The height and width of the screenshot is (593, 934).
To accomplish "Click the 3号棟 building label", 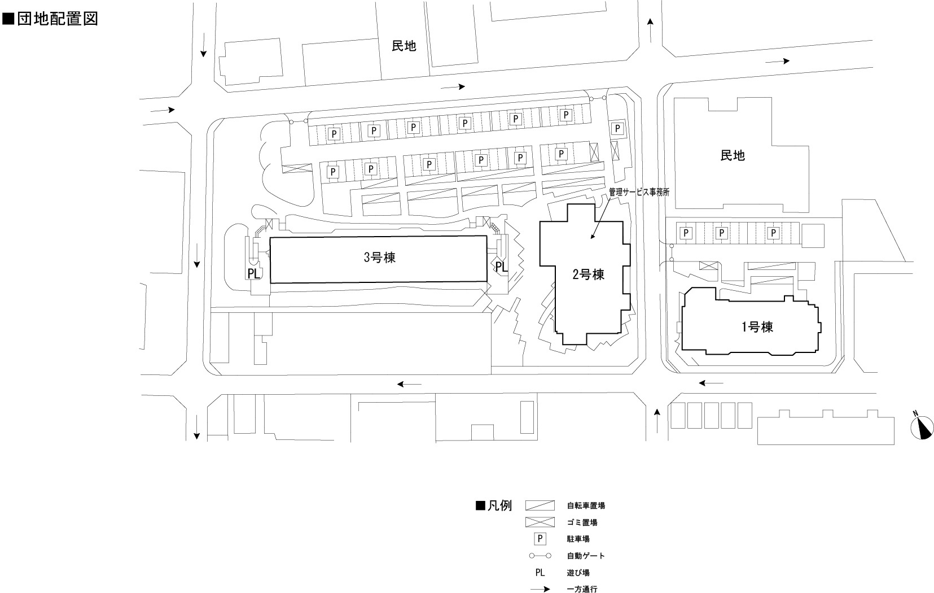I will (379, 258).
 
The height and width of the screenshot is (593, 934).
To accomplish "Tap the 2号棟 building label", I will (589, 275).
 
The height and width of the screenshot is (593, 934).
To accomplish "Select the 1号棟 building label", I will (757, 326).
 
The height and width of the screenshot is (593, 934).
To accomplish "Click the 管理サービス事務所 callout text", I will (639, 192).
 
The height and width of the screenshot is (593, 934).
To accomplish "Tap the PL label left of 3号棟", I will (254, 274).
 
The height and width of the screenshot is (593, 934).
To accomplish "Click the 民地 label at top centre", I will (404, 46).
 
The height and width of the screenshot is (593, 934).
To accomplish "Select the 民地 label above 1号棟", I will (733, 155).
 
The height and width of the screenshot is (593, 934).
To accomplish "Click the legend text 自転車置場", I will (586, 506).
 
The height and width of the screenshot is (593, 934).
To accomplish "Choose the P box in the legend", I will (540, 539).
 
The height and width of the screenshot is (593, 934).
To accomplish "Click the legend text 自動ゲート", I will (586, 556).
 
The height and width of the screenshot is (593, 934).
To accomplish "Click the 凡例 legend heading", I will (494, 505).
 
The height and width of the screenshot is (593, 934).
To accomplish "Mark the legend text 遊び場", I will (578, 573).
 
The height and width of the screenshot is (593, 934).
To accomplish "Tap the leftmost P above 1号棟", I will (686, 233).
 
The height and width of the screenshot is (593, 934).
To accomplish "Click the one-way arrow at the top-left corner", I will (203, 52).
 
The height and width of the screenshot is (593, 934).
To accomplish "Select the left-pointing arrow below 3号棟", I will (409, 384).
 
